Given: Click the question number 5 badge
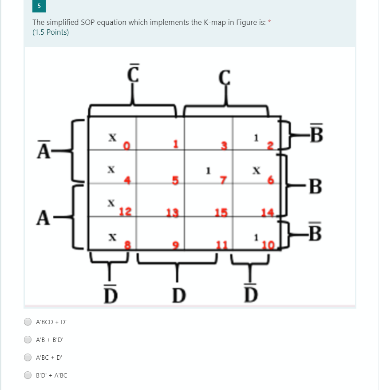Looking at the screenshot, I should (39, 6).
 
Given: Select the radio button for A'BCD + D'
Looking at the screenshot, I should (28, 321).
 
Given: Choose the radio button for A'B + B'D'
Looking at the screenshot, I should (28, 339).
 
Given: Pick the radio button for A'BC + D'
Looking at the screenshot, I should (28, 357).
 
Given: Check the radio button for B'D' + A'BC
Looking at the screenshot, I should (28, 375).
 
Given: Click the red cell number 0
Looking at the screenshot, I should (126, 145).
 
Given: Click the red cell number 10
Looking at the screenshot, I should (268, 245).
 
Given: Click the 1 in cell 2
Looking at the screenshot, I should (255, 138).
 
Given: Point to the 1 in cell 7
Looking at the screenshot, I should (207, 170).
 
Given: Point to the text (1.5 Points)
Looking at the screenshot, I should (51, 32).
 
